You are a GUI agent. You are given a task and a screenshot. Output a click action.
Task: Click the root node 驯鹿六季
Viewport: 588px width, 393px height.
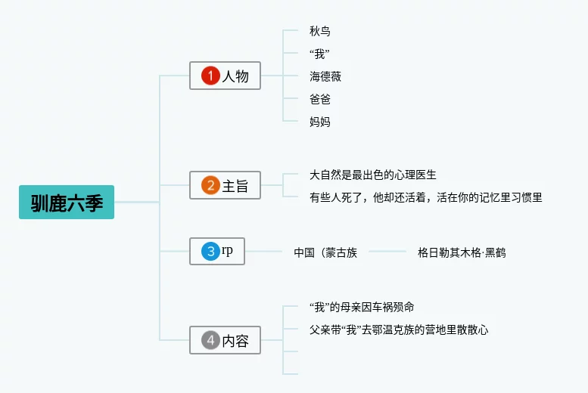67,203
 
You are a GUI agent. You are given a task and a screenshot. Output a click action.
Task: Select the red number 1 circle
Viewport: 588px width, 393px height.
210,76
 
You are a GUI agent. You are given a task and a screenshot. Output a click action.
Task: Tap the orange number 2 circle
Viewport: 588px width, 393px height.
210,185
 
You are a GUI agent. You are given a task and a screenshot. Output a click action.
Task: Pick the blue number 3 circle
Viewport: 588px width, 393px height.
210,252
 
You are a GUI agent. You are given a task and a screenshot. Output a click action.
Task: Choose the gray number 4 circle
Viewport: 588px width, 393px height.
210,340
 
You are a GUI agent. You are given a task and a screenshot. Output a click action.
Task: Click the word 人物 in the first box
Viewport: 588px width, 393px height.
235,76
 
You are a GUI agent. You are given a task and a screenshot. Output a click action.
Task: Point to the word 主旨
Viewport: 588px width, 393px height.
235,186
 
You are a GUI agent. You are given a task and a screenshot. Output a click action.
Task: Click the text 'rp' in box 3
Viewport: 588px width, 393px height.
227,251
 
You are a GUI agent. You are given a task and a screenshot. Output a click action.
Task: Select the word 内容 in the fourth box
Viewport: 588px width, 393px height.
235,341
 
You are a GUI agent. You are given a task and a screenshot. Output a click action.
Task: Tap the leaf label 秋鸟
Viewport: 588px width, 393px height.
320,31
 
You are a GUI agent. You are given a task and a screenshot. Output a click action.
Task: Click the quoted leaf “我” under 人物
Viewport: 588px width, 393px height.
319,54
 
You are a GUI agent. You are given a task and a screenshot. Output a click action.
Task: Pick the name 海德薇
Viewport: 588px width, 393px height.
325,76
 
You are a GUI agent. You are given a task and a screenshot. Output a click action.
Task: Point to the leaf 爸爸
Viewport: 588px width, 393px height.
320,99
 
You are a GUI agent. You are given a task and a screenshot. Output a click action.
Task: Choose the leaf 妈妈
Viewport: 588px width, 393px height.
320,122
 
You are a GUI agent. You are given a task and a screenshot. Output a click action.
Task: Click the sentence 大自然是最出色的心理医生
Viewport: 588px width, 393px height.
373,175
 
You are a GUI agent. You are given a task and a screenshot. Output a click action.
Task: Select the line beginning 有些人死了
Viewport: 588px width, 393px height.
425,197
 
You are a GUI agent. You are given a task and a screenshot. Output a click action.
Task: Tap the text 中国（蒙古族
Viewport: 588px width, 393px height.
325,252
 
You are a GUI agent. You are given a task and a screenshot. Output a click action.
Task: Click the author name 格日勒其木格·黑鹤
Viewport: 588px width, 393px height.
462,252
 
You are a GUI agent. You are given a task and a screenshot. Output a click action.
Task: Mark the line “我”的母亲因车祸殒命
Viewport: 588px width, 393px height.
362,307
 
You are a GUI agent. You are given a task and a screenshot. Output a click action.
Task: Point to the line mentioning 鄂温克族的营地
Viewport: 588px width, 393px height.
399,330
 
